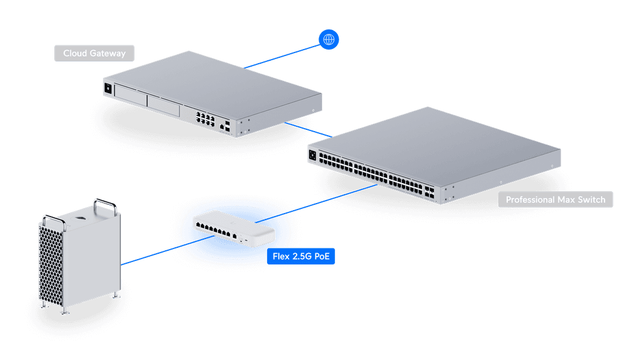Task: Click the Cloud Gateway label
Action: point(94,54)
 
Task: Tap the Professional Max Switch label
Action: point(555,199)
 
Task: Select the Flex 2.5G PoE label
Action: point(300,257)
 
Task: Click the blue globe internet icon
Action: point(329,40)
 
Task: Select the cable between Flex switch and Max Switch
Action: point(330,201)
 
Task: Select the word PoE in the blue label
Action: point(319,257)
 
